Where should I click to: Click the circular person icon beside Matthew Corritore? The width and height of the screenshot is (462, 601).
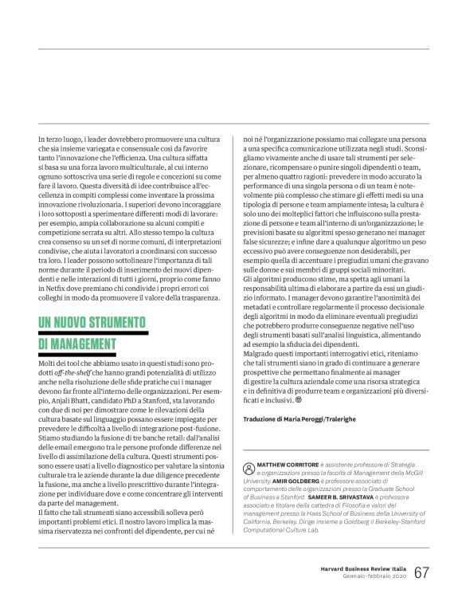pos(249,465)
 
